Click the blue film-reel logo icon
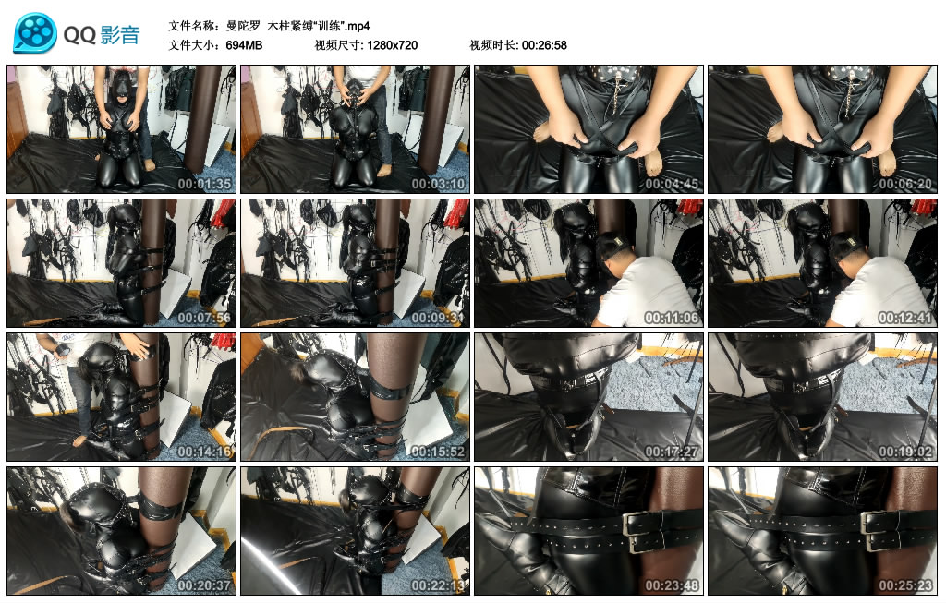35,33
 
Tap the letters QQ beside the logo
79,35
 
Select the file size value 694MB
244,45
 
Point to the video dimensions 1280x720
392,45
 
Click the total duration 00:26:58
544,45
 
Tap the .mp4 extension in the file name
358,26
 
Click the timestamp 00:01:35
204,184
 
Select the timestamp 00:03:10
438,184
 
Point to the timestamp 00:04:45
672,184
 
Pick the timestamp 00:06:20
905,184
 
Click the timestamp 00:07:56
204,318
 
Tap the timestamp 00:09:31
438,318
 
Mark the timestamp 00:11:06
672,318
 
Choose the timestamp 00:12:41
905,318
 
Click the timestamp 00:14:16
204,452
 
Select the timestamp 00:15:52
438,452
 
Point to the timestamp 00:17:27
672,452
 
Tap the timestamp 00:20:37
204,585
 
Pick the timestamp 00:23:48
672,585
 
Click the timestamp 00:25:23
905,585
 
